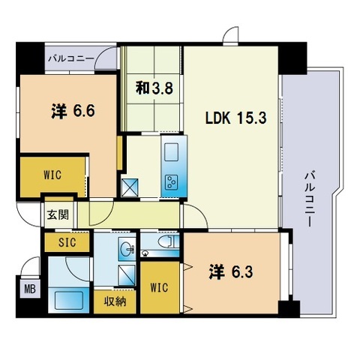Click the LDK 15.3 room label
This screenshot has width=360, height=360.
(232, 118)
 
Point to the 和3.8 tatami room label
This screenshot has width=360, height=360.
(154, 88)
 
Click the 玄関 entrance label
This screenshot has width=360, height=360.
(58, 214)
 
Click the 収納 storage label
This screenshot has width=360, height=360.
(115, 302)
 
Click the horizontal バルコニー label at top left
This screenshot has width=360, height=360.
(70, 57)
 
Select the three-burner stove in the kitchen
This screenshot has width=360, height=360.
(172, 181)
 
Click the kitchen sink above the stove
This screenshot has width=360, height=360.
(170, 152)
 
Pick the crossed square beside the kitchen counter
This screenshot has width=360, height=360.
(130, 184)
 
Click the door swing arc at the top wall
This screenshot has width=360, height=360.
(230, 34)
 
